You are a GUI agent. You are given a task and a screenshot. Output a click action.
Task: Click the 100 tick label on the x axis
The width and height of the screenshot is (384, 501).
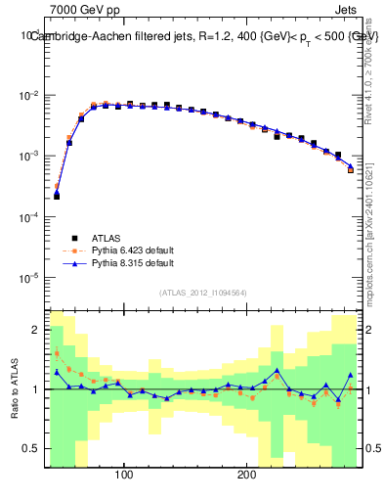click(124, 476)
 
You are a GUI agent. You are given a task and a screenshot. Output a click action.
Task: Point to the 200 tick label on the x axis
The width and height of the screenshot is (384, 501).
click(247, 476)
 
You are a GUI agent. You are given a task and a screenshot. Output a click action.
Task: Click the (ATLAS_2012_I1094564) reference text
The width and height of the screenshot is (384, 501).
click(201, 292)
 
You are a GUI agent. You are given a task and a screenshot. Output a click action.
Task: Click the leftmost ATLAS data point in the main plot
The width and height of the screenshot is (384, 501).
click(57, 196)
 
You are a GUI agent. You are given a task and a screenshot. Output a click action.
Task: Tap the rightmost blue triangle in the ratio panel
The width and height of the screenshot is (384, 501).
click(351, 375)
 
